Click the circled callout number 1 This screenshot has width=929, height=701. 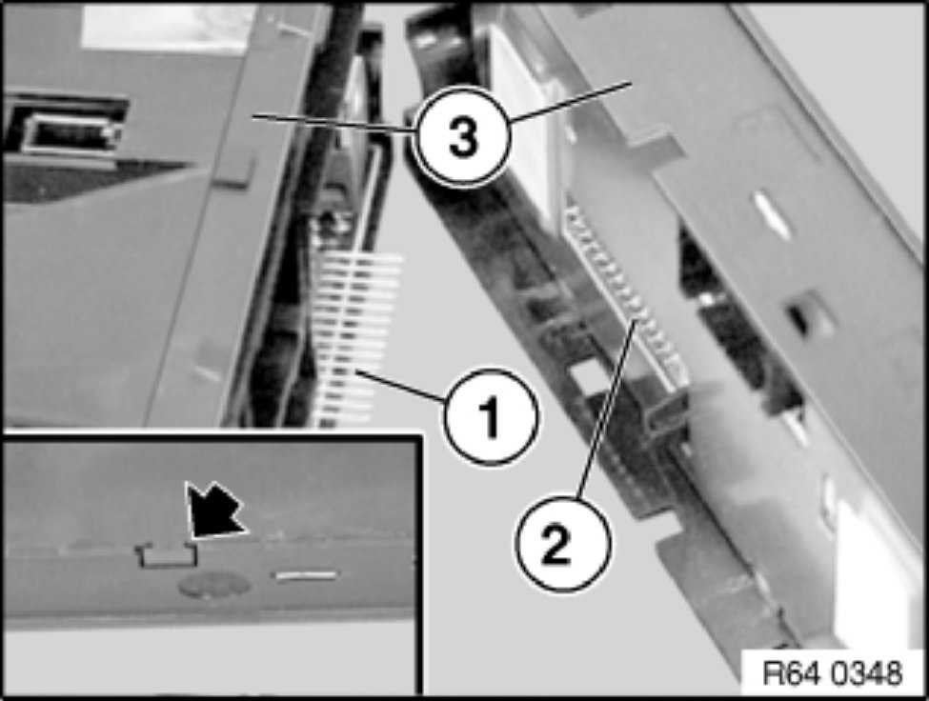490,417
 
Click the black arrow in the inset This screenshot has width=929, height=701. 213,511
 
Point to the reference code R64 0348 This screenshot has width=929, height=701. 833,673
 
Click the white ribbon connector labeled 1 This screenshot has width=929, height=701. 355,339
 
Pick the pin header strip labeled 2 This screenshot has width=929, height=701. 626,296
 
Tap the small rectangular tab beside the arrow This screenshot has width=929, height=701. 167,554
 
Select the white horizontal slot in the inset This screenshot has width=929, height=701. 306,575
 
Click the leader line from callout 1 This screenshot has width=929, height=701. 403,387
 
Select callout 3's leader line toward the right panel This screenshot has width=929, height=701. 569,102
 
